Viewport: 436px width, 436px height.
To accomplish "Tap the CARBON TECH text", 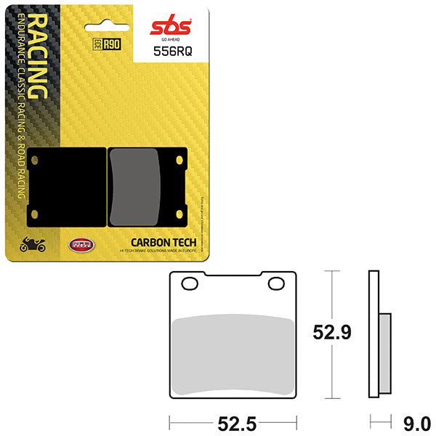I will click(160, 242).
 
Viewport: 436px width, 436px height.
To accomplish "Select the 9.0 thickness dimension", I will click(416, 422).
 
